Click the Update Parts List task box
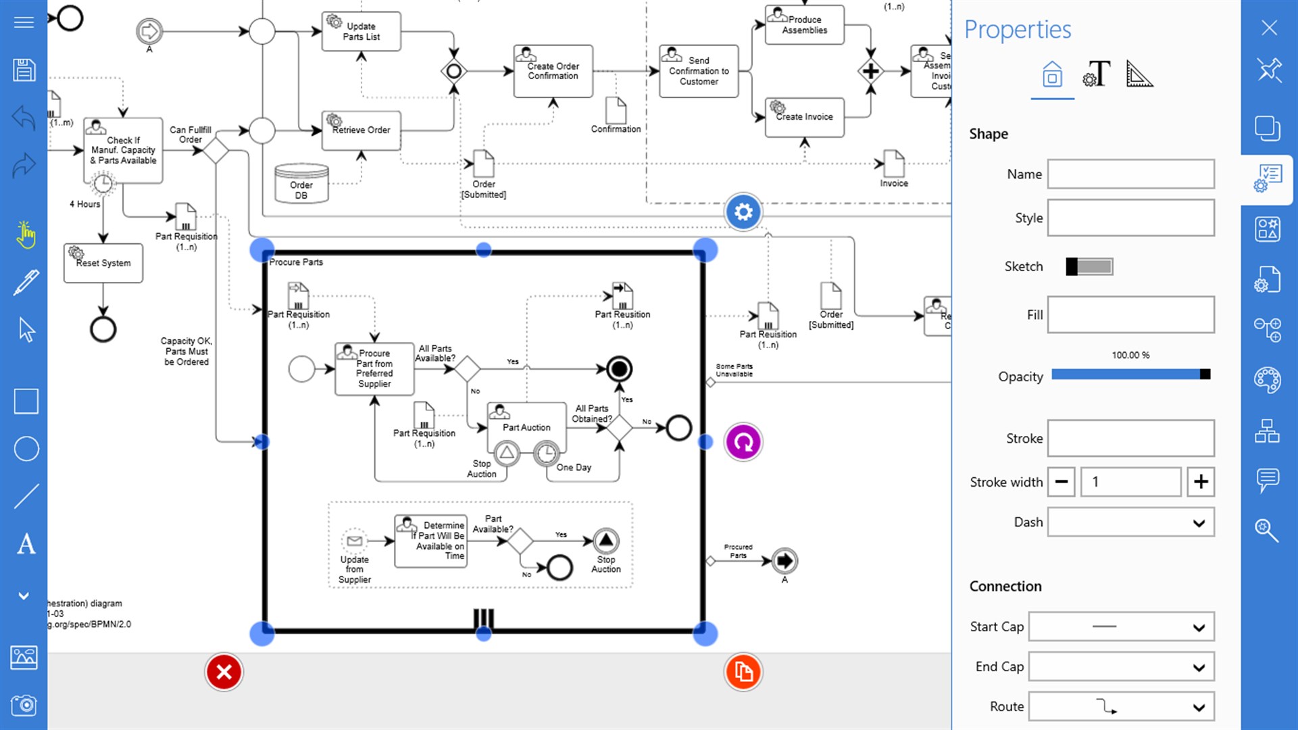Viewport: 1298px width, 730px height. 361,32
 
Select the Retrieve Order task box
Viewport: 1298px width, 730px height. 361,130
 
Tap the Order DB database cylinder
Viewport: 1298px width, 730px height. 301,184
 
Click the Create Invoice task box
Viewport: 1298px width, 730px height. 804,118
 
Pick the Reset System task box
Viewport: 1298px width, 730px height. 103,264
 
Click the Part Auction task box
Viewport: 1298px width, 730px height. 526,427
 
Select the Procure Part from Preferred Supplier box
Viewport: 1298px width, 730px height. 374,369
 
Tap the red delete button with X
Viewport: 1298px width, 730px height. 224,672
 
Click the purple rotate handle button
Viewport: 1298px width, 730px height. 743,442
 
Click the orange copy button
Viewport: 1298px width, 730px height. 743,672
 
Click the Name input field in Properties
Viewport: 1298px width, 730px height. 1130,174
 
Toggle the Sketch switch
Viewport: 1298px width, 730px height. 1089,266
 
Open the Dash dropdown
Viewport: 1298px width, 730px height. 1130,522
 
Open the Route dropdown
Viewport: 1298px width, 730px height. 1121,707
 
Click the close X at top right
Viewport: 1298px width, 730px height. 1269,28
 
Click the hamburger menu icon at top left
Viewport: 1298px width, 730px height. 24,23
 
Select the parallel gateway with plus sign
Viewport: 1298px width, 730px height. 870,71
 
